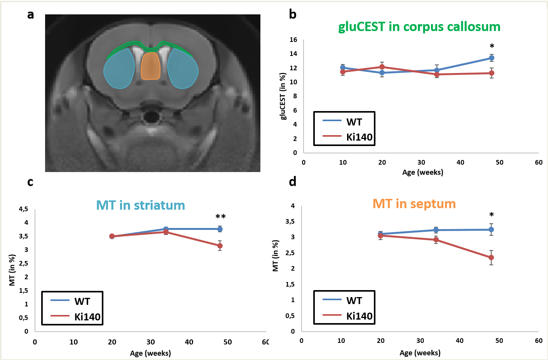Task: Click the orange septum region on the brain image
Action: tap(150, 66)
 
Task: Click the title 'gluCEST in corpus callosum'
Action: tap(419, 27)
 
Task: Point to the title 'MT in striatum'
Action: tap(140, 205)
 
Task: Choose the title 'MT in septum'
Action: tap(414, 203)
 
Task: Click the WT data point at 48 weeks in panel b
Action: tap(492, 58)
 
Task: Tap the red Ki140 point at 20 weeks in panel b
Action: tap(382, 67)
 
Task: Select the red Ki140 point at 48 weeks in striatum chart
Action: tap(220, 246)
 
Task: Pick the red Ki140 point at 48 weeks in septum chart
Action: tap(491, 257)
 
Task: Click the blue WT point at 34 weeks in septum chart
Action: tap(436, 230)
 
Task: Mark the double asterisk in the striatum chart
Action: tap(220, 217)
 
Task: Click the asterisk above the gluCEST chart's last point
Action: tap(492, 47)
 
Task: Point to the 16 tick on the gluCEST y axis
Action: tap(293, 40)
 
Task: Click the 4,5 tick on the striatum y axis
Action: tap(24, 209)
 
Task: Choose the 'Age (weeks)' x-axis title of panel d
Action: tap(420, 353)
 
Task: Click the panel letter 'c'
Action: tap(30, 182)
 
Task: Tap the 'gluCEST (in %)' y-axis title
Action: tap(283, 96)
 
